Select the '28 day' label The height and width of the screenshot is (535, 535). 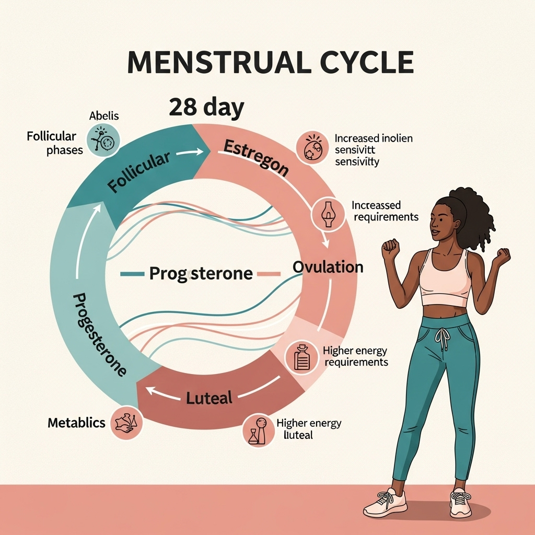point(206,108)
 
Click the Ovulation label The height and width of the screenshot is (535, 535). point(328,267)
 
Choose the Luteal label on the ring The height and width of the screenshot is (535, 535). point(209,399)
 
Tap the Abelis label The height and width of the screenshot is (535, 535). point(104,116)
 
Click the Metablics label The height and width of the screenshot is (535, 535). point(76,423)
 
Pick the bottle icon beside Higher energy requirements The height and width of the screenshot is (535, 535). point(301,358)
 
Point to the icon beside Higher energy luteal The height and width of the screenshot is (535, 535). point(258,430)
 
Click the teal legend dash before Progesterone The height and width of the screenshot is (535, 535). point(132,273)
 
